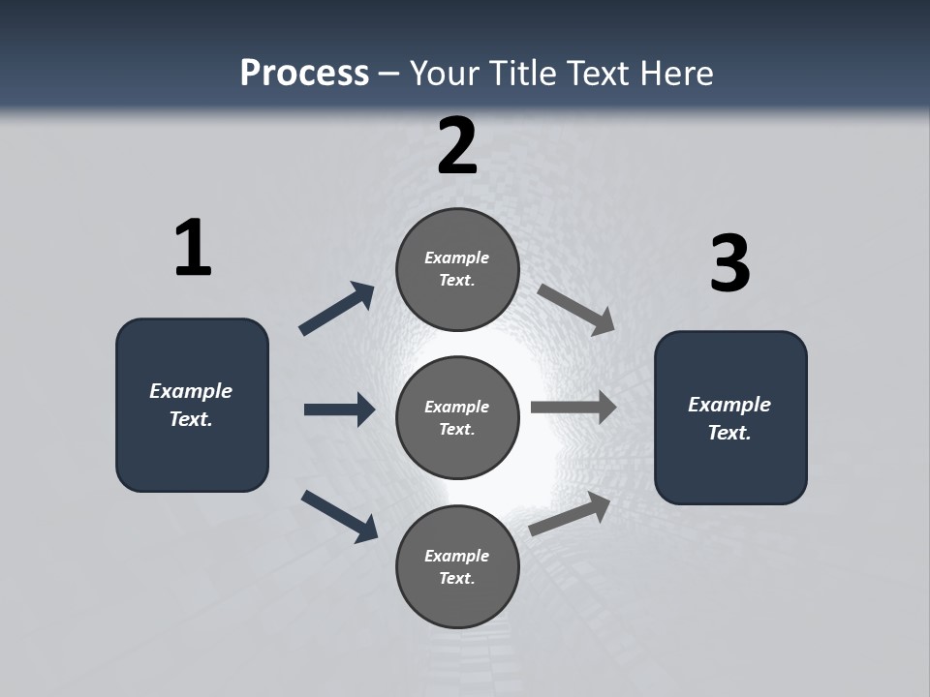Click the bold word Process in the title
pos(304,74)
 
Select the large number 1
pos(193,249)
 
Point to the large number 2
pos(457,146)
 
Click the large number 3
pos(729,264)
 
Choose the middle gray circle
pos(457,417)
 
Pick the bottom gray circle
pos(457,566)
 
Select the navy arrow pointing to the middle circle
pos(339,409)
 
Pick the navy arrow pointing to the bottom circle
pos(339,516)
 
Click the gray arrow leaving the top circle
pos(576,309)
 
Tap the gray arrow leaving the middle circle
pos(573,407)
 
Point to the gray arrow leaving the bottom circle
pos(571,514)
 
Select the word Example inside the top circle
pos(457,258)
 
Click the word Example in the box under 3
pos(729,405)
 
